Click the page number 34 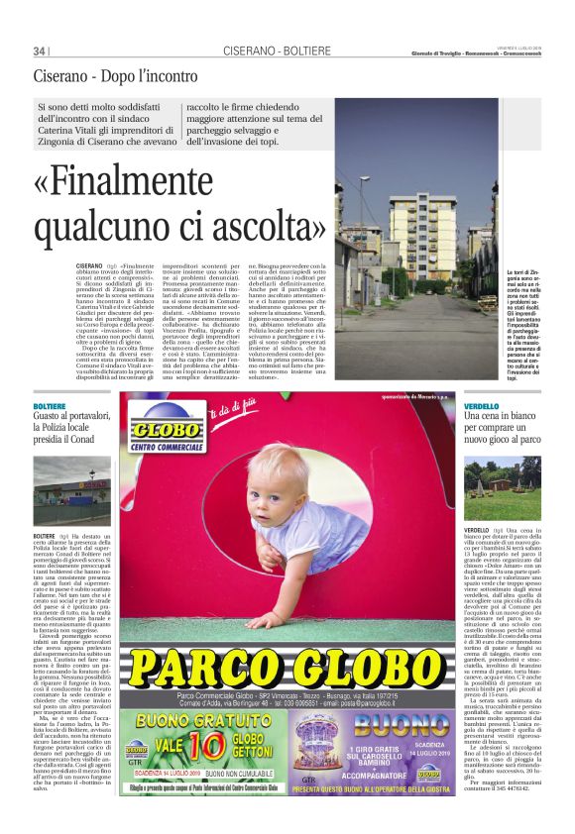coord(41,51)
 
